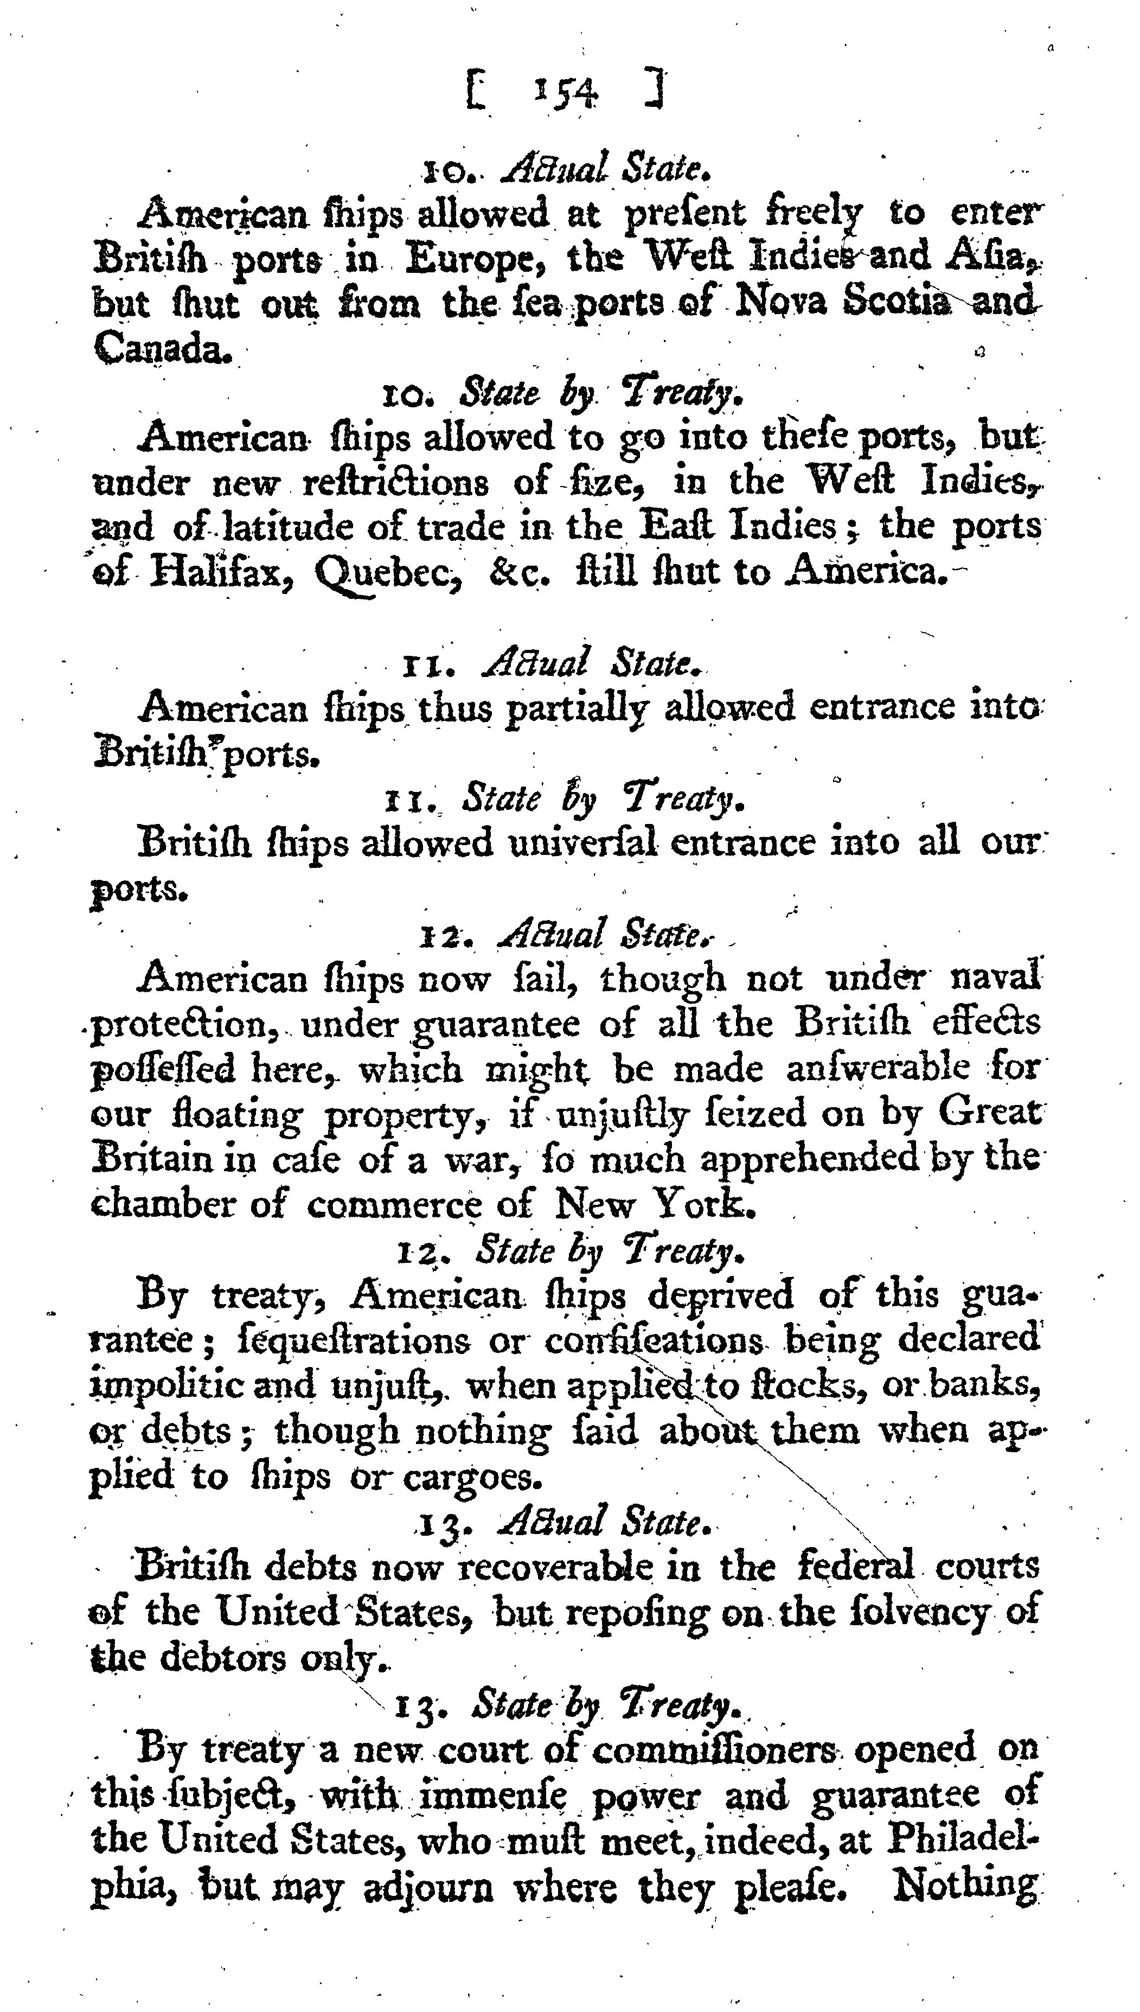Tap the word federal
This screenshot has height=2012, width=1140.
[854, 1567]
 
